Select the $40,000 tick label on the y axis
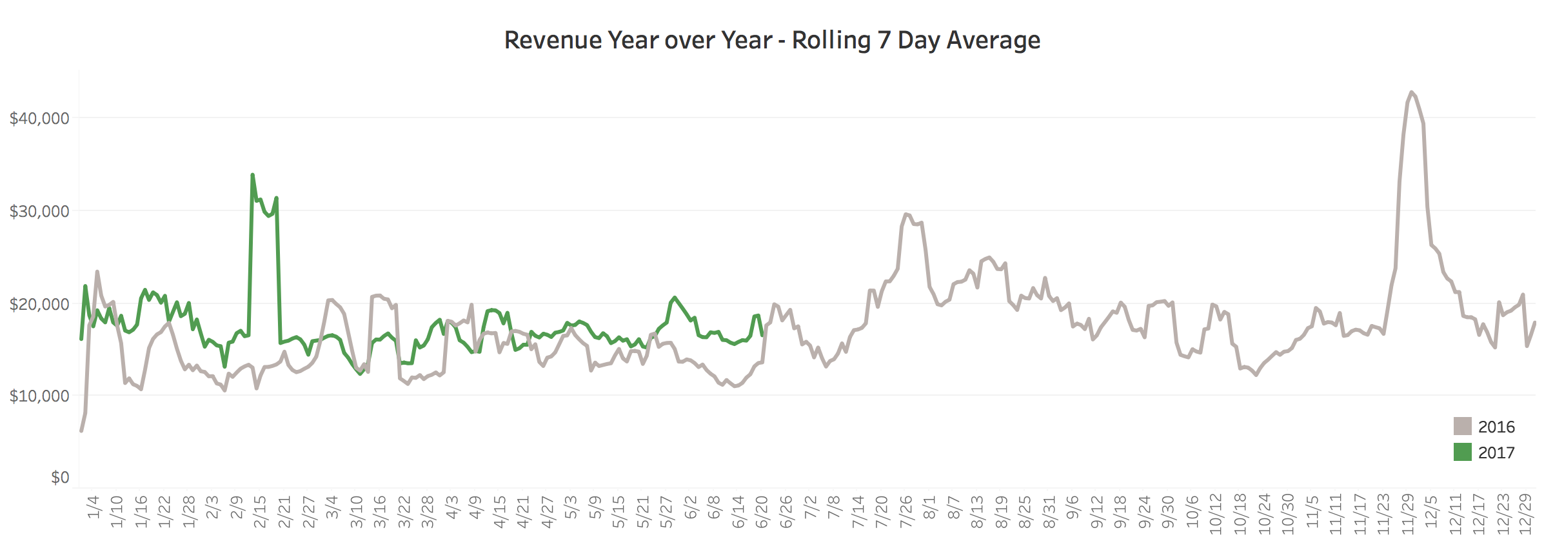pos(39,118)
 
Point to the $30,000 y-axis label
pos(39,211)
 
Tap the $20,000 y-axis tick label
pos(39,304)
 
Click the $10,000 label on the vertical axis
pos(39,396)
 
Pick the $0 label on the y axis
pos(59,478)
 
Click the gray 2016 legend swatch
pos(1462,426)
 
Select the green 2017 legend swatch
pos(1462,452)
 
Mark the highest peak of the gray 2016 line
pos(1411,92)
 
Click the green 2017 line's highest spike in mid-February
pos(252,174)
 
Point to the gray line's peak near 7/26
pos(906,214)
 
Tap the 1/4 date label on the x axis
pos(94,507)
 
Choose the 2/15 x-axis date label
pos(260,512)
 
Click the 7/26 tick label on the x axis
pos(906,512)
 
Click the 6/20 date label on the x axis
pos(762,512)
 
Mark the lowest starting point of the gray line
pos(81,431)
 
